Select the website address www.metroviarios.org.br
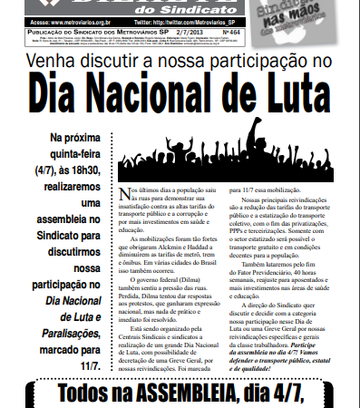coord(78,19)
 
